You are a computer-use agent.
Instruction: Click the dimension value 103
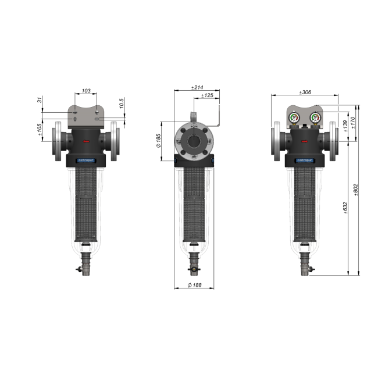(86, 91)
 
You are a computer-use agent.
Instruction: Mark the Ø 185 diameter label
(158, 140)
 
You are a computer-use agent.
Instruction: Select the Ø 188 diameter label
(194, 285)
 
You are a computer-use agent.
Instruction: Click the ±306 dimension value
(306, 92)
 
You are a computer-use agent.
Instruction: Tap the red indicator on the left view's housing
(87, 141)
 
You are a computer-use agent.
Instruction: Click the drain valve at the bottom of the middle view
(194, 269)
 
